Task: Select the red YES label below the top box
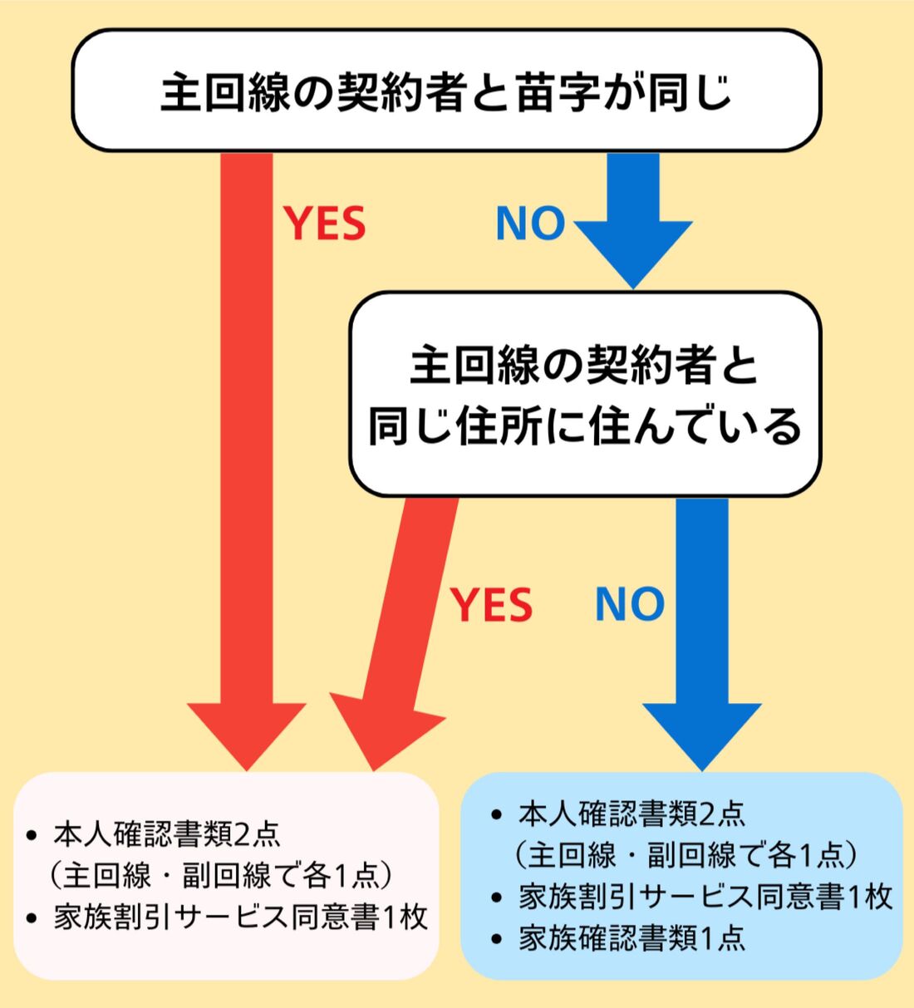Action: tap(325, 224)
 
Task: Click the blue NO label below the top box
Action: tap(530, 224)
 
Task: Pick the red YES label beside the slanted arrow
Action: tap(491, 604)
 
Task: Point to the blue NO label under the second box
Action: tap(630, 604)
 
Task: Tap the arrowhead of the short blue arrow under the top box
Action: tap(633, 253)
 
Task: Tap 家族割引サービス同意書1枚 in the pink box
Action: tap(241, 917)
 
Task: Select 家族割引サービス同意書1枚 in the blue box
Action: tap(705, 897)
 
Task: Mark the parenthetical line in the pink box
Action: tap(220, 875)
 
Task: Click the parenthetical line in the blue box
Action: tap(685, 855)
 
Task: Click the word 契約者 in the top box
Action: tap(400, 91)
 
